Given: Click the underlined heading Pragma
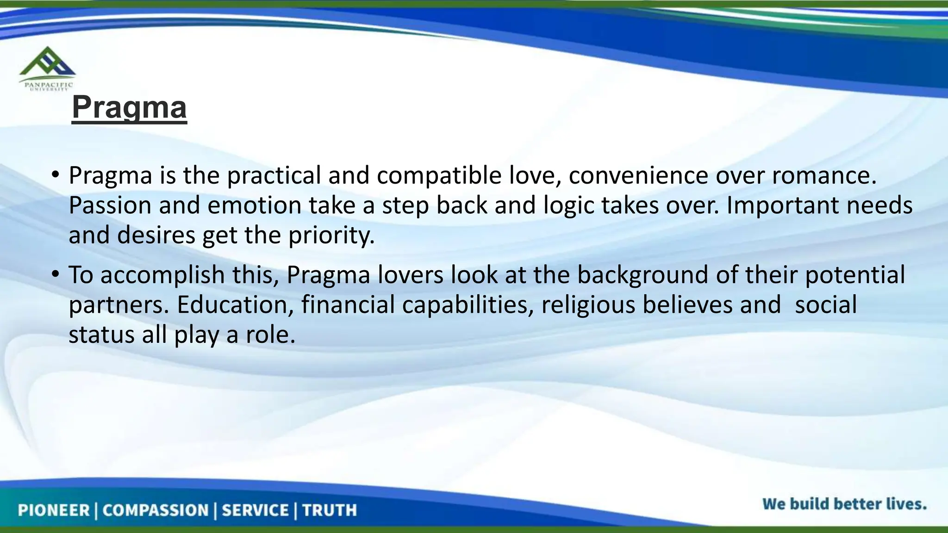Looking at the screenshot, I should pyautogui.click(x=129, y=107).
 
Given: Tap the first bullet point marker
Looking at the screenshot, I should pyautogui.click(x=55, y=175).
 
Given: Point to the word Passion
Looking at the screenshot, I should pyautogui.click(x=110, y=205).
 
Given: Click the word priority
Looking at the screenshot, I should pyautogui.click(x=331, y=236).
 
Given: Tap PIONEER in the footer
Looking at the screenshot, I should pyautogui.click(x=54, y=510).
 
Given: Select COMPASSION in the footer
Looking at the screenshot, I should pyautogui.click(x=156, y=510).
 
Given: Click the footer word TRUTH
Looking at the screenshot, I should pyautogui.click(x=330, y=510).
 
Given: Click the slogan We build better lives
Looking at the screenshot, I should pyautogui.click(x=844, y=504).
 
